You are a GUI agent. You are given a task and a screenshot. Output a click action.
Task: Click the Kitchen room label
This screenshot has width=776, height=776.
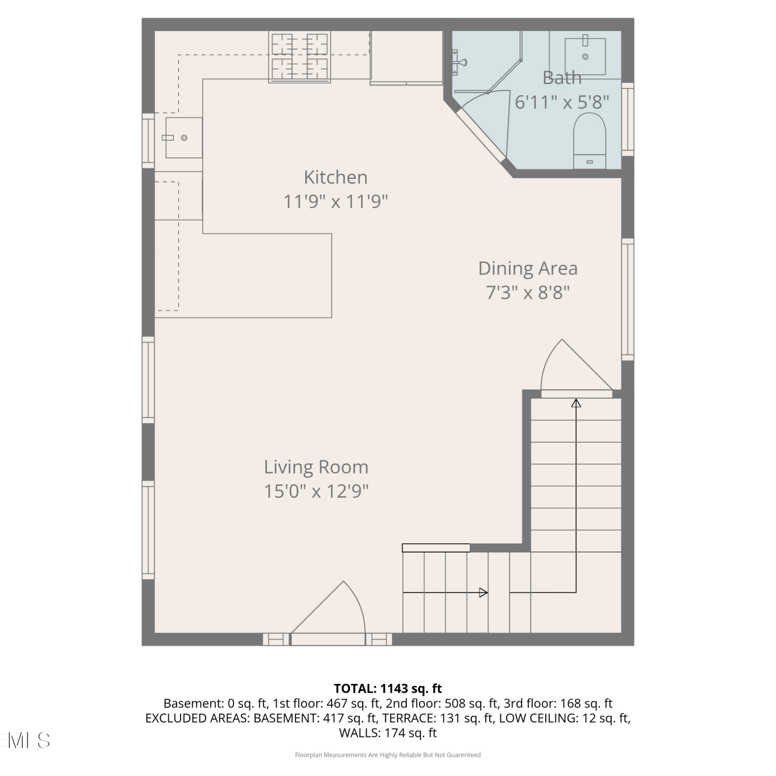coord(335,177)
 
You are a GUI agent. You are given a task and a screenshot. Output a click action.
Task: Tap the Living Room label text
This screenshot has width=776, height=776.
coord(316,467)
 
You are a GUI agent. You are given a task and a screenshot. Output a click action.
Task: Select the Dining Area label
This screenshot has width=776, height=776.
coord(528,268)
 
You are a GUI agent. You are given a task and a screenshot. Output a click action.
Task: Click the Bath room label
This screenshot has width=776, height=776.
coord(562,78)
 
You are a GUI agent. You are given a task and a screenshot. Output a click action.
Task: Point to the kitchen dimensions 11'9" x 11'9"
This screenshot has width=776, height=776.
coord(335,201)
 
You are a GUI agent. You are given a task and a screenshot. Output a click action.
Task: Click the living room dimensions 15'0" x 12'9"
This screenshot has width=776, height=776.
coord(316,491)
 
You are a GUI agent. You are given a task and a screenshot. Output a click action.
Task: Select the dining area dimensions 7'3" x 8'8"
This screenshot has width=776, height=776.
coord(528,293)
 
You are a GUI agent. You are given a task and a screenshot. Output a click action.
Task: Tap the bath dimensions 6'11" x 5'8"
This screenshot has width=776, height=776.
coord(562,102)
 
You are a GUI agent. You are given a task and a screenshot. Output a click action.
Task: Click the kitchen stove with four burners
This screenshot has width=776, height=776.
coord(300,56)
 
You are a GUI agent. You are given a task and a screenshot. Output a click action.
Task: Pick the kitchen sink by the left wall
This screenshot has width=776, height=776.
coord(184,138)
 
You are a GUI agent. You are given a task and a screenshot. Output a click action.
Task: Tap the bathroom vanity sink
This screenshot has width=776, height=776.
coord(585,56)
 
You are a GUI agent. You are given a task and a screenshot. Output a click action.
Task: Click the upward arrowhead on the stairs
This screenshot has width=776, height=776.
coord(576,402)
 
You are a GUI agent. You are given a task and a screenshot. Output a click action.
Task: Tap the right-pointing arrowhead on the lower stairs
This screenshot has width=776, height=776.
coord(484,592)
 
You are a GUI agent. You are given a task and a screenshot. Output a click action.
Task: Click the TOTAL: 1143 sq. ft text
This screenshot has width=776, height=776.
coord(388,689)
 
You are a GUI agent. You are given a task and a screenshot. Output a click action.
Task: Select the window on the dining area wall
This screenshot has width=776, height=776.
coord(628,299)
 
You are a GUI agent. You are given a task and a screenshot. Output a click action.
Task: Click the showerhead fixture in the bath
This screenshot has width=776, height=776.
coord(459,61)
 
